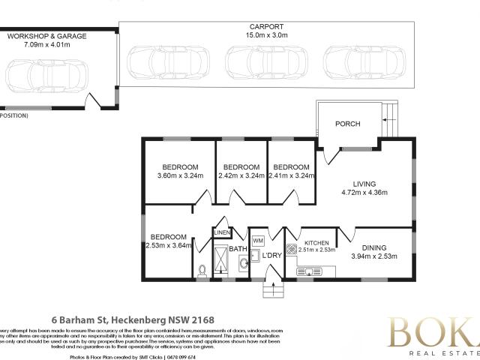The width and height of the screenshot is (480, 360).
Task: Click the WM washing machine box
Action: [258, 240]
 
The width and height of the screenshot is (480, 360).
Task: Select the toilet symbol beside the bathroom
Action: [202, 271]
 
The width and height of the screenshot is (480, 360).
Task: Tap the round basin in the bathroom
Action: [242, 264]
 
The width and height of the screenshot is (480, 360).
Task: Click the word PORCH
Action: [347, 124]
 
